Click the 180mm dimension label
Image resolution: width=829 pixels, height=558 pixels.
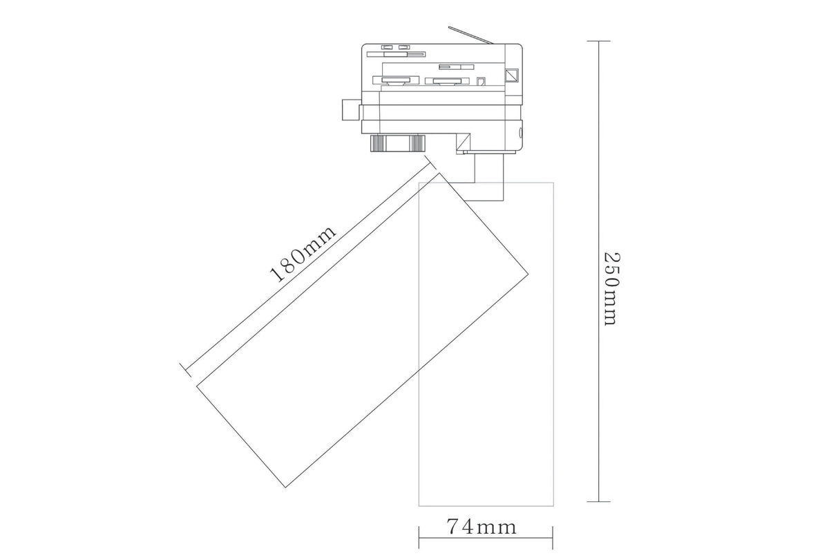tap(303, 254)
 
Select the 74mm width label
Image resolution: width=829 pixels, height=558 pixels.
tap(482, 526)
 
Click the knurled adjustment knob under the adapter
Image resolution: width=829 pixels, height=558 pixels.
tap(397, 143)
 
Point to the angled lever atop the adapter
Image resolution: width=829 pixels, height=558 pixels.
tap(470, 35)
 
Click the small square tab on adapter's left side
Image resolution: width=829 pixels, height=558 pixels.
tap(351, 110)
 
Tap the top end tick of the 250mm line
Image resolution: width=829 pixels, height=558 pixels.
tap(598, 41)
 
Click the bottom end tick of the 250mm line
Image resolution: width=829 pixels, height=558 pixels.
tap(598, 502)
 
